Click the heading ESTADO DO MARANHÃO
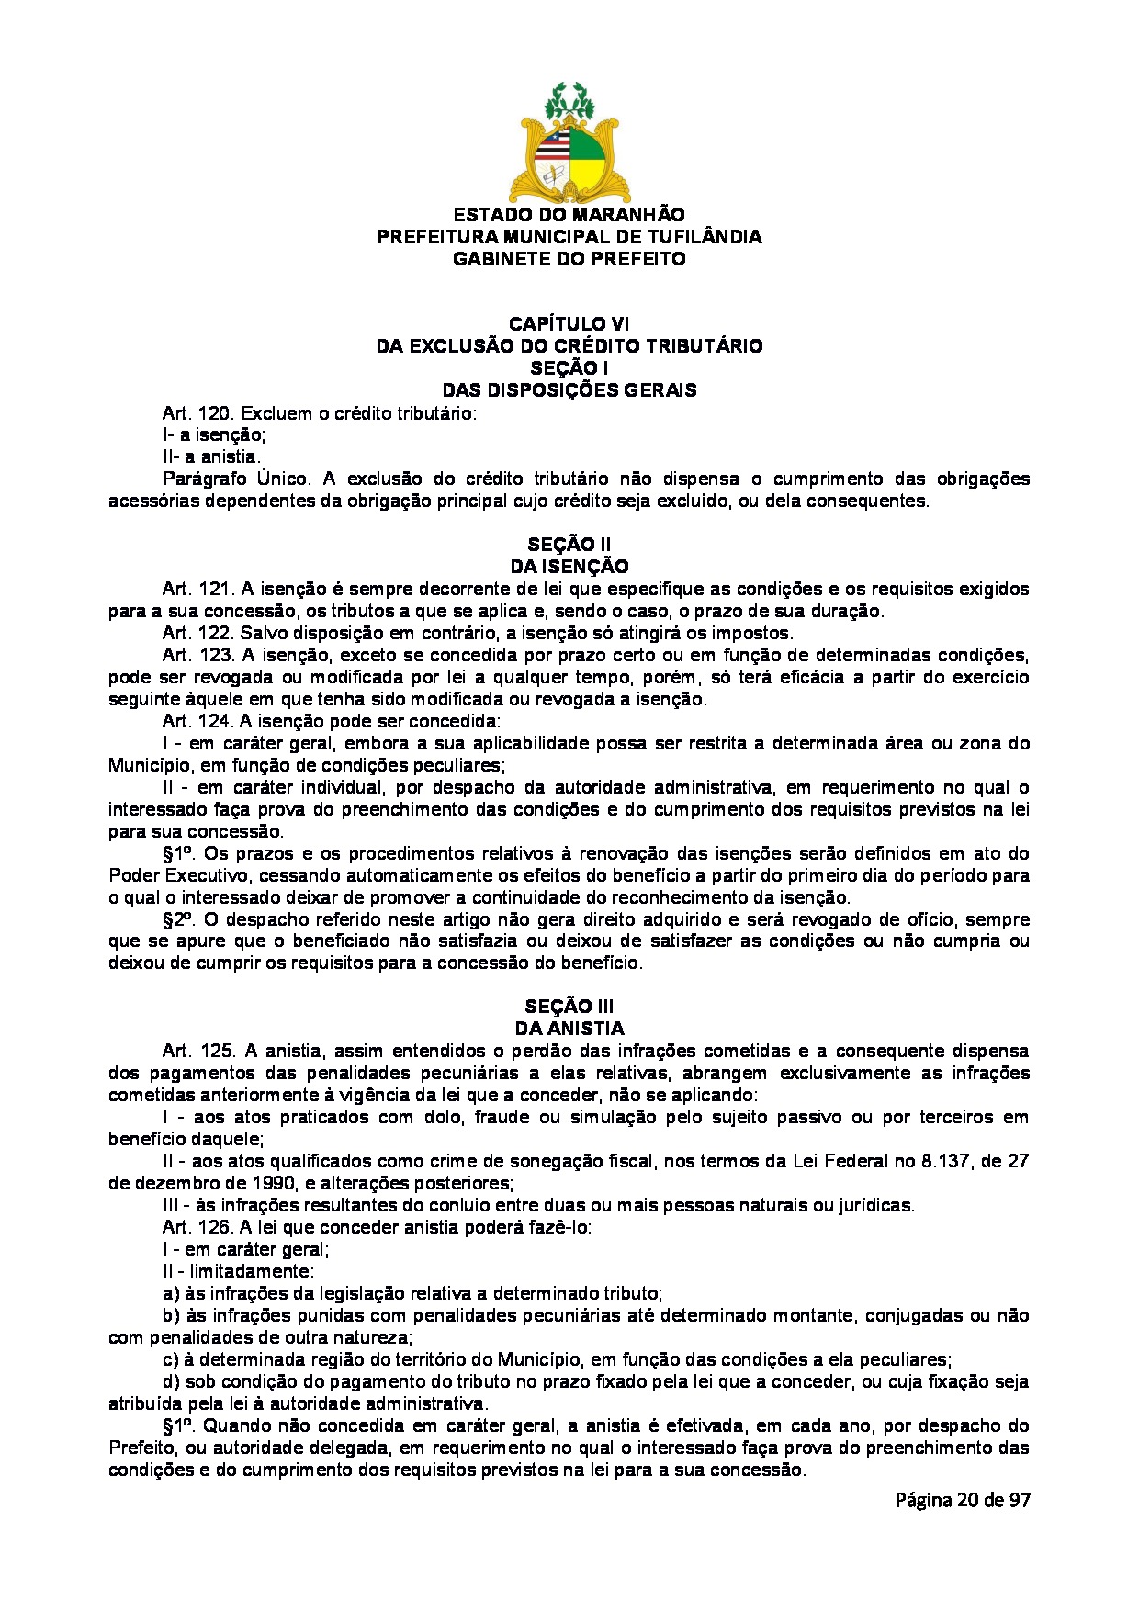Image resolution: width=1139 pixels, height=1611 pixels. point(569,215)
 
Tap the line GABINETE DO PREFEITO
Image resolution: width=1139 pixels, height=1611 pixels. point(569,259)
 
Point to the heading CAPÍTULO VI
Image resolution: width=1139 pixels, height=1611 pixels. point(569,324)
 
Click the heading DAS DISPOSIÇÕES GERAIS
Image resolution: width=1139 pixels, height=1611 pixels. point(569,390)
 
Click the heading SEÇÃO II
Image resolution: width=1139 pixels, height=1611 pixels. point(569,545)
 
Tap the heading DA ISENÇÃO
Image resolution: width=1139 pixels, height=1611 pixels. point(569,567)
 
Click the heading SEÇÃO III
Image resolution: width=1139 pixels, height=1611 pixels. point(569,1007)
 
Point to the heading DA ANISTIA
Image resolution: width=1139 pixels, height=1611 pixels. point(569,1029)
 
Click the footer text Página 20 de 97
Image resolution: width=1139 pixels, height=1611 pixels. point(963,1500)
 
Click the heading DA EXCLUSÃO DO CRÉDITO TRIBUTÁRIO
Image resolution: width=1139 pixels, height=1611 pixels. point(569,346)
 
